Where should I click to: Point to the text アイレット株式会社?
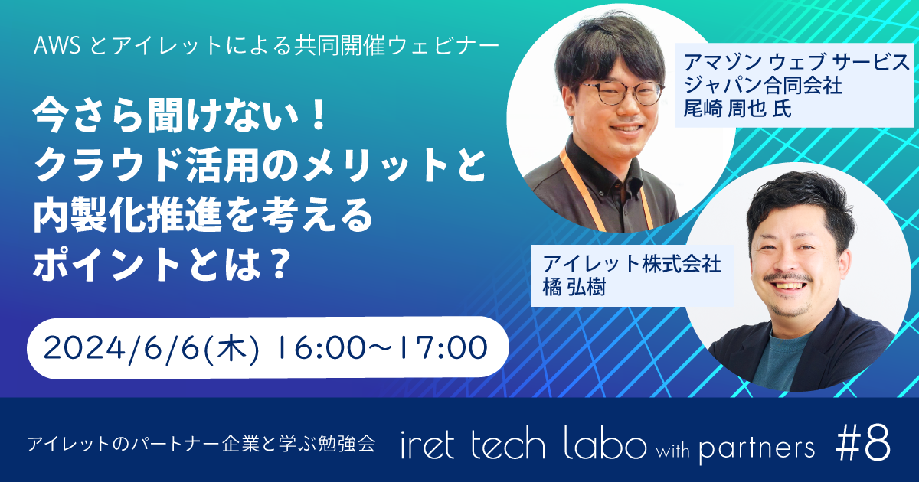click(632, 265)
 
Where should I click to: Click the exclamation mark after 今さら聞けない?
click(316, 114)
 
